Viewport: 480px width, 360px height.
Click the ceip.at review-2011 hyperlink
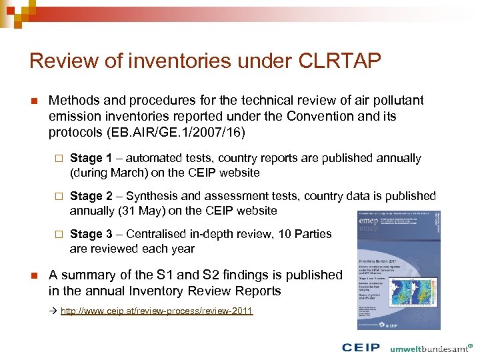click(157, 311)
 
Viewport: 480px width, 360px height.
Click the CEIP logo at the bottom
click(361, 347)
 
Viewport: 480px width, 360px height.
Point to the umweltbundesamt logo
click(430, 347)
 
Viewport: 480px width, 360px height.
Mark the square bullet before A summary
click(33, 275)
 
